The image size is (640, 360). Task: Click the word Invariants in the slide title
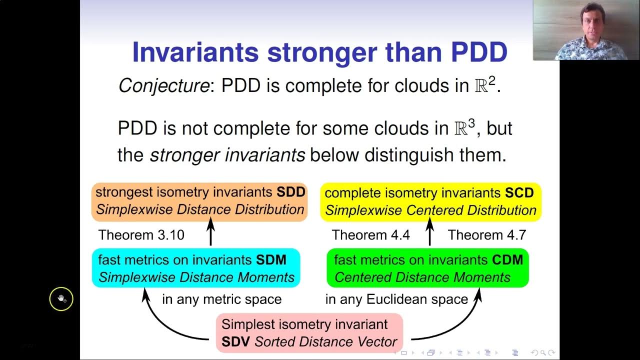point(195,52)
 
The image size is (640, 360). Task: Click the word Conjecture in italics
point(163,86)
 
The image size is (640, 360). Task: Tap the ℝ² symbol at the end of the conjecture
point(484,85)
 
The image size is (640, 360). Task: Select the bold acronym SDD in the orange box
point(291,192)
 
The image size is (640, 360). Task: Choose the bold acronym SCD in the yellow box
point(519,193)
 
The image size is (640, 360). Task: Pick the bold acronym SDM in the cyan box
point(271,260)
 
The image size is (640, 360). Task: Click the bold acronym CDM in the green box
point(506,260)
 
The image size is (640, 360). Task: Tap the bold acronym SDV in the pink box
point(236,342)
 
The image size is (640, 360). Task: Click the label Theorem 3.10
point(141,235)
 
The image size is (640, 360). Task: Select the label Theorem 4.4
point(370,235)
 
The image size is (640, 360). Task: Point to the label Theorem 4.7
point(486,235)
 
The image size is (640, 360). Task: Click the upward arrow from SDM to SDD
point(210,232)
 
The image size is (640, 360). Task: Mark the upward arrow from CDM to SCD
point(429,232)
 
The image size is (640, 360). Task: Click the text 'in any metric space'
point(221,299)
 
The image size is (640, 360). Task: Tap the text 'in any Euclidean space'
point(396,299)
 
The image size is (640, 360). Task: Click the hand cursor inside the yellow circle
point(61,299)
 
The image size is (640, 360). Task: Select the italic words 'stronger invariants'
point(227,155)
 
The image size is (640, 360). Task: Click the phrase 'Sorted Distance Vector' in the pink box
point(326,342)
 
